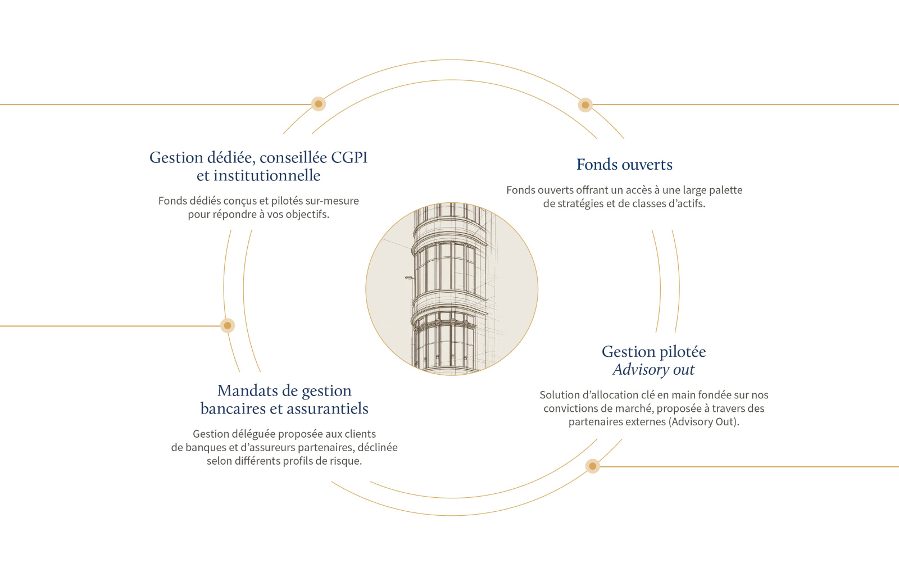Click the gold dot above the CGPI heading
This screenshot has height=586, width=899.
(x=318, y=104)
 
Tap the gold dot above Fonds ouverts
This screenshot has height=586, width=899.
(x=585, y=105)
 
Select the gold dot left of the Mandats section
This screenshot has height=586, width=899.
(x=228, y=325)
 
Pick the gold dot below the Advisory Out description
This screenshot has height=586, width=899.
(x=592, y=466)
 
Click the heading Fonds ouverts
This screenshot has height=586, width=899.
(x=624, y=165)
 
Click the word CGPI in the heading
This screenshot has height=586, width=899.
(x=349, y=157)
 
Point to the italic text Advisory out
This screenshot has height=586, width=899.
(x=653, y=370)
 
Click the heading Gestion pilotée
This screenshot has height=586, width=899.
(x=654, y=352)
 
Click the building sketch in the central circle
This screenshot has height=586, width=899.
(x=452, y=289)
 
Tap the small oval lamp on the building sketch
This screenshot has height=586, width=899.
(x=408, y=278)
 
